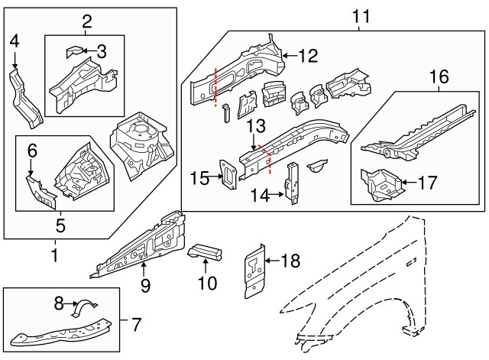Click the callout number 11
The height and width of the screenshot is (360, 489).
coord(360,15)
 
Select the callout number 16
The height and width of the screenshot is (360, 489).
coord(438,76)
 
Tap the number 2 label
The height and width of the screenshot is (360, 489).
coord(86,21)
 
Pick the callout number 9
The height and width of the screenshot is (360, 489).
coord(144,286)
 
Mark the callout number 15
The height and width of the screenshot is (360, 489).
coord(198,178)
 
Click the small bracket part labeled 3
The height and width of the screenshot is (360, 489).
coord(74,52)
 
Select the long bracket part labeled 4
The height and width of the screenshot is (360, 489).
coord(25,96)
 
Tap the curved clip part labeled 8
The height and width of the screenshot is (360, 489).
coord(80,307)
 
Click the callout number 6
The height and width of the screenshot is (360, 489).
coord(32,152)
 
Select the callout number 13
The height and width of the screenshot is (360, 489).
coord(255,125)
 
